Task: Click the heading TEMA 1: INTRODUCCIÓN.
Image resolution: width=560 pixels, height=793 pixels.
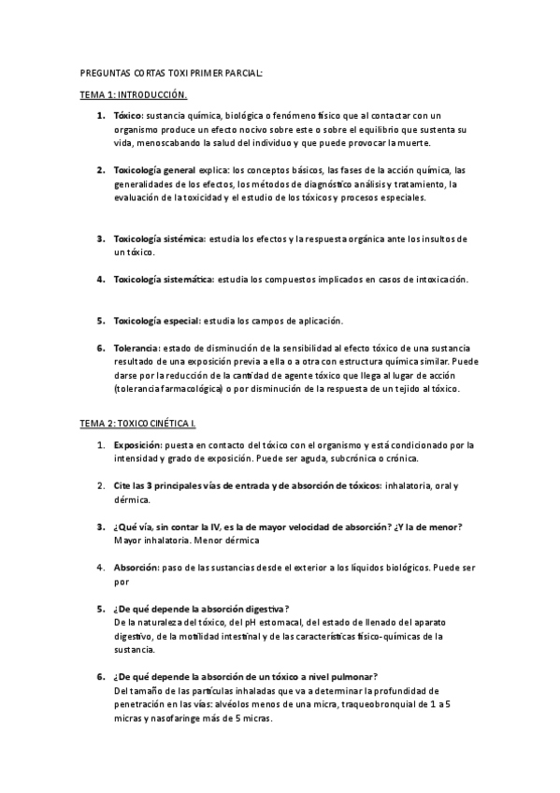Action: [133, 94]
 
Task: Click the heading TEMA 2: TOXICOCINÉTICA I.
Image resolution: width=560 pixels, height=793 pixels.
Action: [136, 425]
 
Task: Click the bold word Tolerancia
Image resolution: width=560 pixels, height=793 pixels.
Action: [136, 348]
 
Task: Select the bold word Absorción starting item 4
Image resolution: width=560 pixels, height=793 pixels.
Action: [136, 567]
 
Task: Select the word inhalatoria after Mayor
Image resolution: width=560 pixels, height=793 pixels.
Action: [167, 540]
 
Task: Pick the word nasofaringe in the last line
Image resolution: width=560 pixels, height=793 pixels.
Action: [182, 718]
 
